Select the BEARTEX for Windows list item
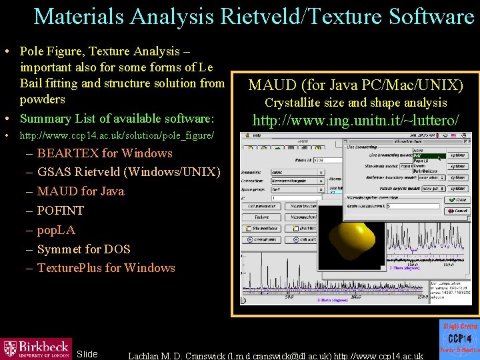tap(104, 153)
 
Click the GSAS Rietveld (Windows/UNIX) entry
tap(128, 172)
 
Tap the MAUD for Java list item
tap(80, 191)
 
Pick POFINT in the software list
tap(61, 211)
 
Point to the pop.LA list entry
tap(56, 230)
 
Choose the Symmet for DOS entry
tap(83, 249)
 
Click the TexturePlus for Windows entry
tap(105, 268)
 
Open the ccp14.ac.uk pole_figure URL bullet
tap(117, 136)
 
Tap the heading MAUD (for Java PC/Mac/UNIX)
tap(356, 85)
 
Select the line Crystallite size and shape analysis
tap(356, 103)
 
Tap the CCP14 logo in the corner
tap(459, 339)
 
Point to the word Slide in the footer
tap(87, 354)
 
